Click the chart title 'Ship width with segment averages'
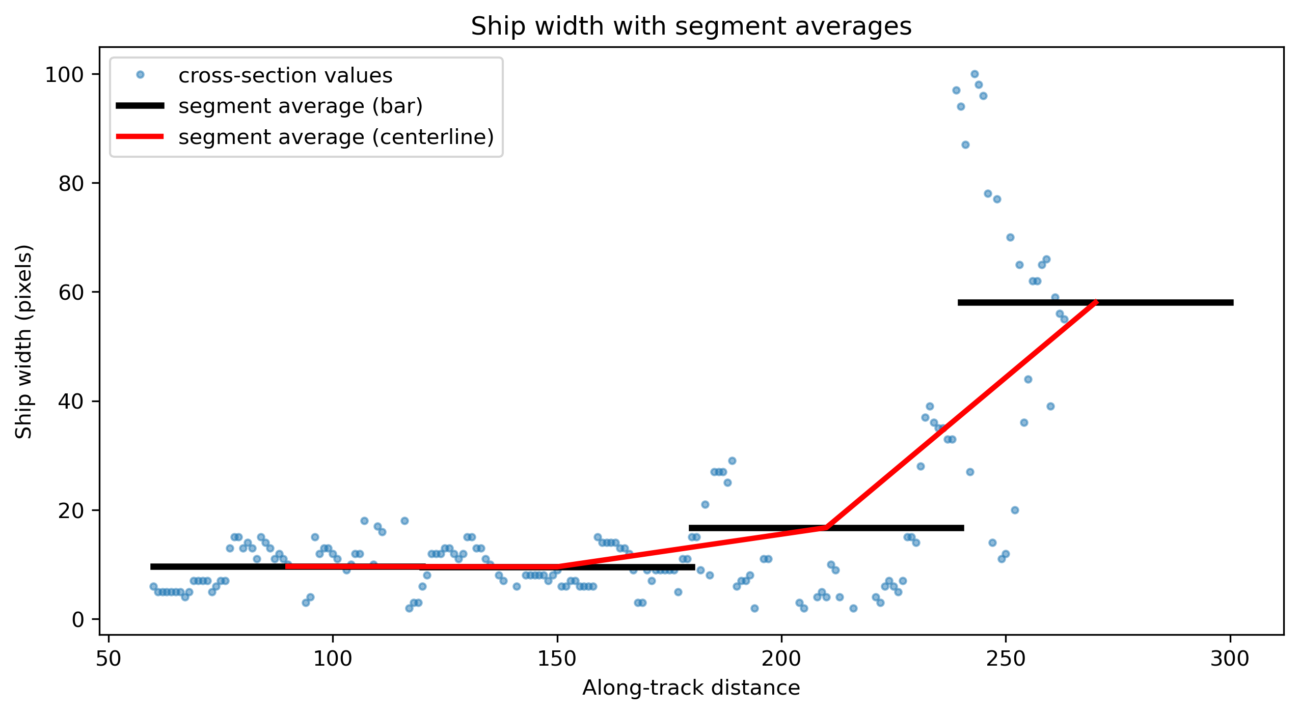coord(691,26)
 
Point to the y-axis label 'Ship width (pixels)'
coord(23,341)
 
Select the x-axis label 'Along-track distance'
coord(691,688)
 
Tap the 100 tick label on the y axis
coord(64,75)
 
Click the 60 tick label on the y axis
coord(71,293)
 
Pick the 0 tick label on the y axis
coord(78,619)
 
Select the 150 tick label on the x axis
coord(557,659)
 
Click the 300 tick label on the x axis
coord(1230,659)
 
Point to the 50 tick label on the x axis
coord(109,659)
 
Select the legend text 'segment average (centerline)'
coord(336,137)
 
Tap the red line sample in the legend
coord(140,136)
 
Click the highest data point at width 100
coord(975,74)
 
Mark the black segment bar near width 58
coord(1095,302)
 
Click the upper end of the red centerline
coord(1096,302)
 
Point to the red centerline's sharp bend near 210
coord(826,528)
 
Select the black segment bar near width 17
coord(826,528)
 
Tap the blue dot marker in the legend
coord(140,75)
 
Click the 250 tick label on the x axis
coord(1006,659)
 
